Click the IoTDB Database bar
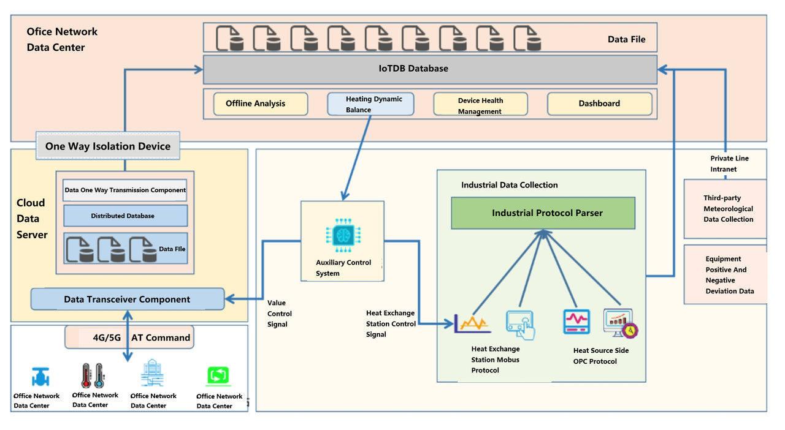(x=430, y=69)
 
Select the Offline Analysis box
(x=260, y=104)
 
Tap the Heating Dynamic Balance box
(x=370, y=104)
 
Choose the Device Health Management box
(x=480, y=105)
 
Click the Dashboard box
(x=599, y=104)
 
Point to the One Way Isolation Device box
(x=108, y=146)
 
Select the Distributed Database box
(x=125, y=216)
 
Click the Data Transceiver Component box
(x=128, y=300)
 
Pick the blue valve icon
(x=40, y=376)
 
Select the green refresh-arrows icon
(x=218, y=374)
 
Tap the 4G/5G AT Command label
(x=130, y=338)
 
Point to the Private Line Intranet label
(x=729, y=164)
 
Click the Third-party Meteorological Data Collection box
(x=726, y=209)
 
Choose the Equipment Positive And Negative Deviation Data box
(x=726, y=275)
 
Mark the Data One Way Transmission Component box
(x=125, y=190)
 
